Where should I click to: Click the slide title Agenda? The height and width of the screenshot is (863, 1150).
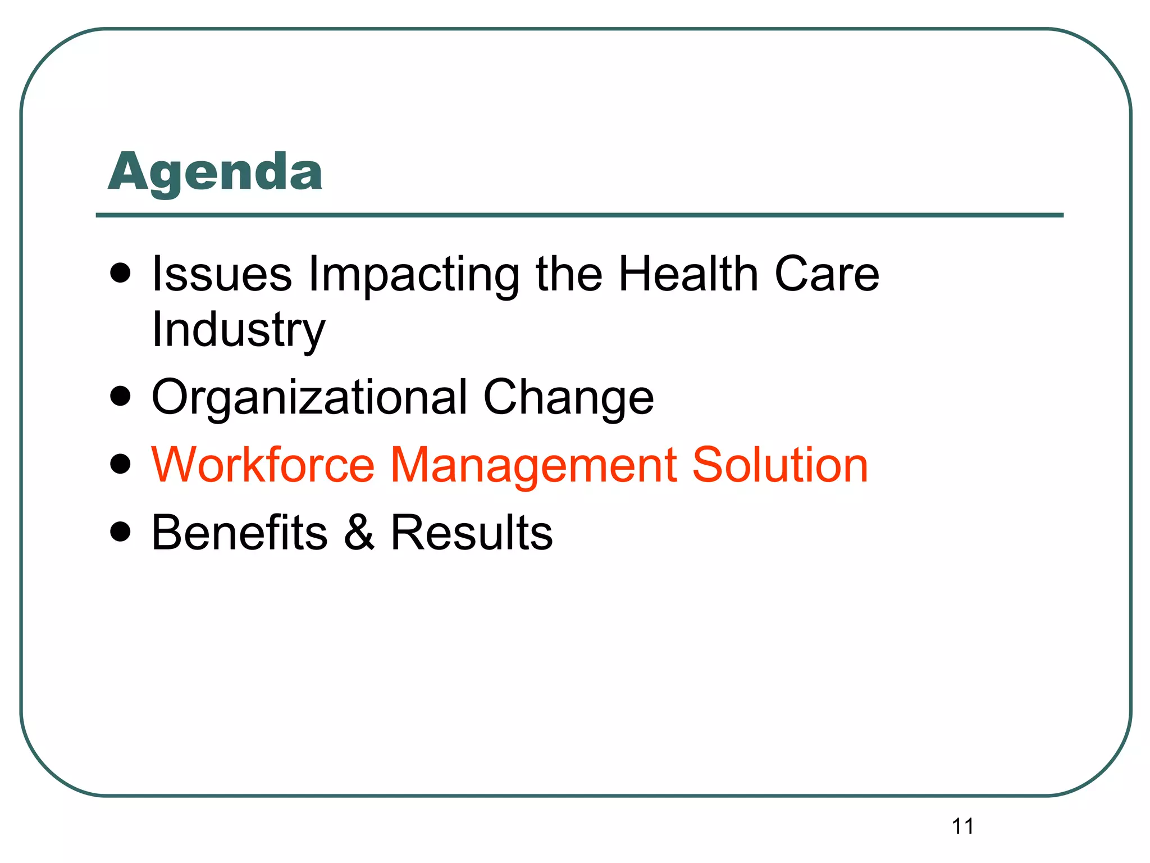[215, 173]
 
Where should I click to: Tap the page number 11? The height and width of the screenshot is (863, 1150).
[962, 826]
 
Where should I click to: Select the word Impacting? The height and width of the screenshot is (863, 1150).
[414, 275]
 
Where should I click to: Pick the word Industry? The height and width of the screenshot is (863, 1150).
[239, 330]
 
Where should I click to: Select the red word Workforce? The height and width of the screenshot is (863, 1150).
[263, 465]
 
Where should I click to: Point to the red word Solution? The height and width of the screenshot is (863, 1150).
[780, 465]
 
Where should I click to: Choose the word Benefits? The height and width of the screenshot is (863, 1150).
[240, 532]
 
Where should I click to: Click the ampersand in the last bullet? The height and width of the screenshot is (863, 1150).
[359, 532]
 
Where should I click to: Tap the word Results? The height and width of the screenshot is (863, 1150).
[472, 532]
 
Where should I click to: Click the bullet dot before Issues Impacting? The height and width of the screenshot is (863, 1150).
[121, 274]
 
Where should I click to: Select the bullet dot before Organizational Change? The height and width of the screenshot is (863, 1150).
[121, 396]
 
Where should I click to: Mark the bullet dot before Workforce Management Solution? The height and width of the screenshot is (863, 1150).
[121, 464]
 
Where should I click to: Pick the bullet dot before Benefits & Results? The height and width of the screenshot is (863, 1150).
[121, 532]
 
